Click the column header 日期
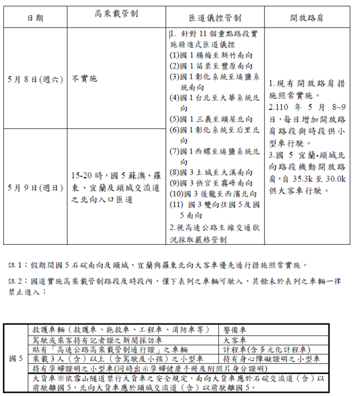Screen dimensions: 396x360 click(35, 17)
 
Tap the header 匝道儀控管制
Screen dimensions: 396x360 click(215, 17)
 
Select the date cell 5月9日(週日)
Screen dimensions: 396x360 click(35, 187)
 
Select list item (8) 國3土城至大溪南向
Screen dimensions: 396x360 click(210, 172)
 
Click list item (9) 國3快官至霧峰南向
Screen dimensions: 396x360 click(210, 183)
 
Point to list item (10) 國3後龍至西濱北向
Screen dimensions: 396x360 click(213, 193)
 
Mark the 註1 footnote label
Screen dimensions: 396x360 click(16, 264)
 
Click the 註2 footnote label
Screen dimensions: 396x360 click(16, 280)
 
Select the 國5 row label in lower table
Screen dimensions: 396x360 click(16, 358)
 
